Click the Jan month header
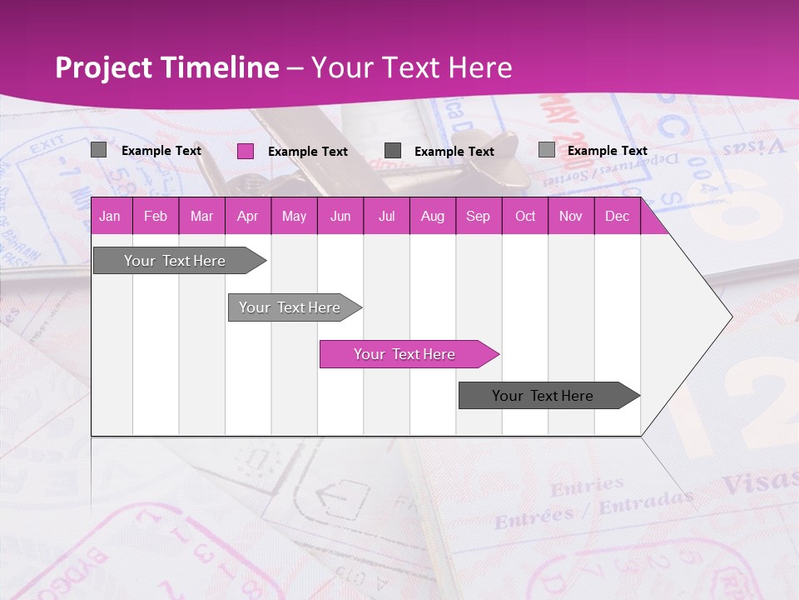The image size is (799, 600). [110, 217]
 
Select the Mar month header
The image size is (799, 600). [201, 217]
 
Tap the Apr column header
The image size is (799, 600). [247, 217]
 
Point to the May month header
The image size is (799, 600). [294, 217]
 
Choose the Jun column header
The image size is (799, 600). [340, 217]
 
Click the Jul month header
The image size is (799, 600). [386, 217]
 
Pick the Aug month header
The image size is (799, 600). [432, 217]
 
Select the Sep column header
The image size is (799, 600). [478, 217]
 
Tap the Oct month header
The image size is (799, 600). [525, 217]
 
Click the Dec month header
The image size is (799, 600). [617, 217]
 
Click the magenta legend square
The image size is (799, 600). [246, 151]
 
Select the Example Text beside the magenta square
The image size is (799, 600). [308, 152]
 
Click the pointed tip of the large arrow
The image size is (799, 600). [730, 317]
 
